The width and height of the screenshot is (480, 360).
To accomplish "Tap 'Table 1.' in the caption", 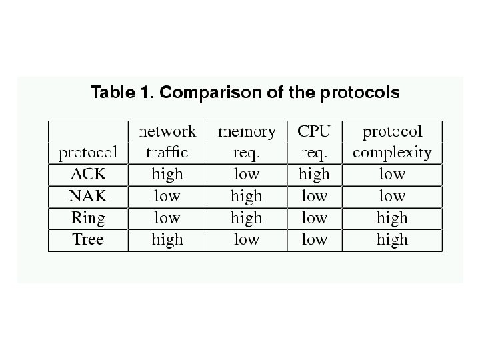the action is pos(121,93).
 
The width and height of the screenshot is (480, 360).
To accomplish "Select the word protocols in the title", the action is pos(360,93).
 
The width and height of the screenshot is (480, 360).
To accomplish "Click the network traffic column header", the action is pos(167,142).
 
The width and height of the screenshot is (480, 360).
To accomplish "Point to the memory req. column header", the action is pos(247,142).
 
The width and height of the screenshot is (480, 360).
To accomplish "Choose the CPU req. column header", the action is pos(314,142).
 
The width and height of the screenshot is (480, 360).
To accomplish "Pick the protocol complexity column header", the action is pos(392,142).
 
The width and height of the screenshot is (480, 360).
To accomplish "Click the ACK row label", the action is pos(88,175).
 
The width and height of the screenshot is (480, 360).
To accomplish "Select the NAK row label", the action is pos(88,196).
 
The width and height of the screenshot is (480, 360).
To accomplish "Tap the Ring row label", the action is pos(88,218).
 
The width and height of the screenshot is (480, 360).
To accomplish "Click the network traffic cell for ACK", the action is pos(167,175).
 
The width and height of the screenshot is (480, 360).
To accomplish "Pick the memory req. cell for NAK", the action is pos(247,196).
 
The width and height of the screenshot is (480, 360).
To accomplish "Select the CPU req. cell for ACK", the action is pos(314,175).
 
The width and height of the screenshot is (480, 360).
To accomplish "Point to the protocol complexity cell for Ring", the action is pos(392,218).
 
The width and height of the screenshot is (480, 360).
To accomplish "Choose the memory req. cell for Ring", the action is pos(247,218).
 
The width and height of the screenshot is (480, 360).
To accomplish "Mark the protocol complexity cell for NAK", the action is pos(392,196).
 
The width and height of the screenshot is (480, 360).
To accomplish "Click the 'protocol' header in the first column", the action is pos(88,153).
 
